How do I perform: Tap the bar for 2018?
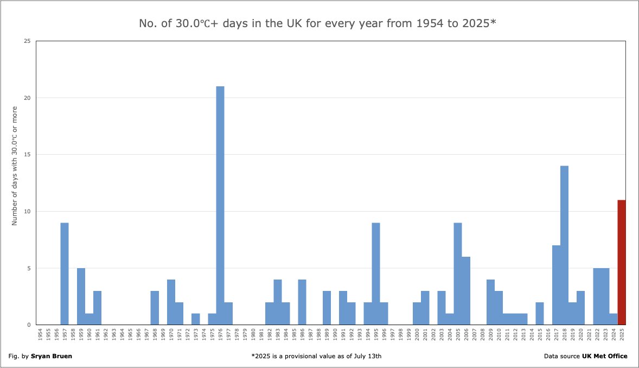click(564, 245)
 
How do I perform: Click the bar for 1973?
click(196, 319)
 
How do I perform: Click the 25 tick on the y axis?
click(27, 41)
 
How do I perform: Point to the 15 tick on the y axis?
click(27, 155)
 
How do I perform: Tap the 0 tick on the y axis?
click(28, 325)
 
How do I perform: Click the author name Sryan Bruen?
click(53, 356)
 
